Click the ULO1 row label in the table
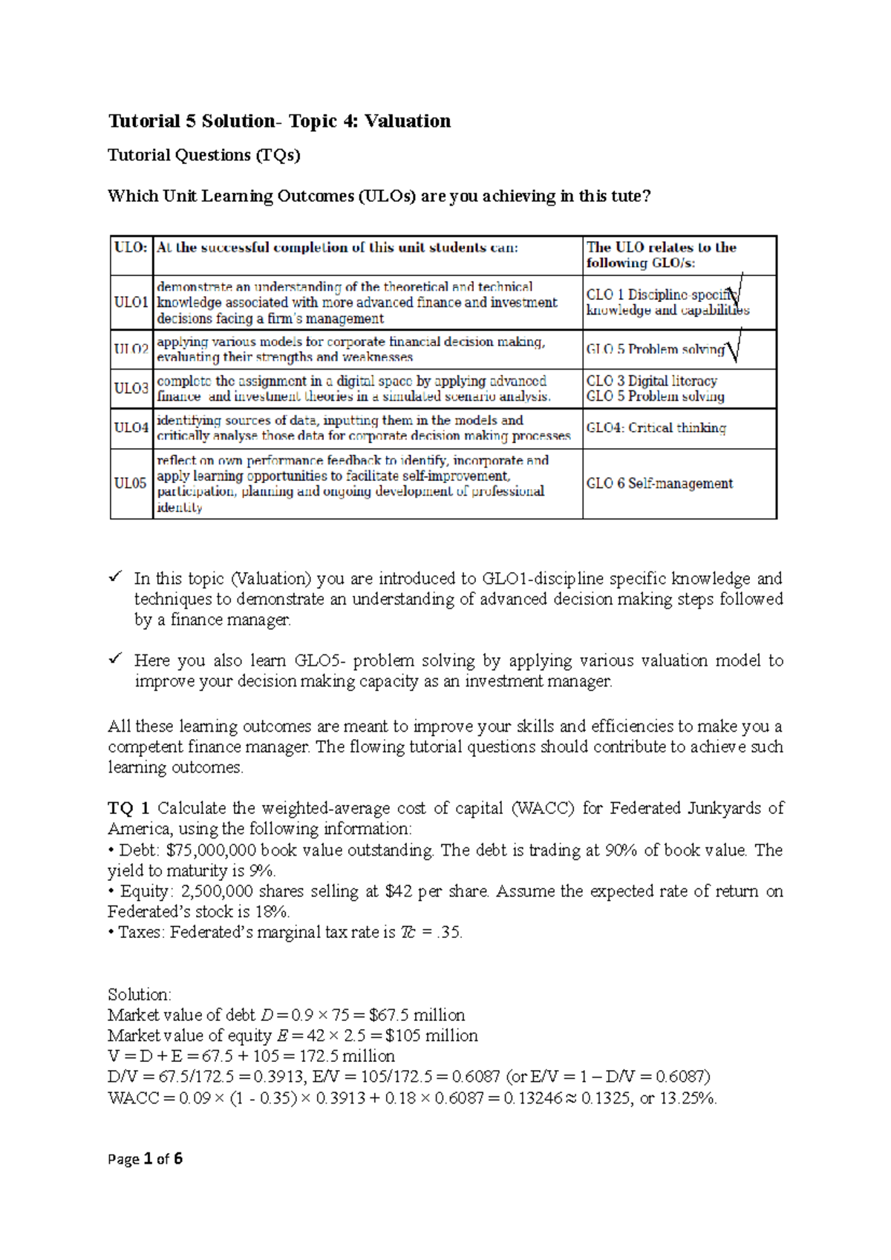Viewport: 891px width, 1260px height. click(x=131, y=302)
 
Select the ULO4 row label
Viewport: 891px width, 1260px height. click(x=131, y=427)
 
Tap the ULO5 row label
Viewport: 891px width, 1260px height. click(x=130, y=483)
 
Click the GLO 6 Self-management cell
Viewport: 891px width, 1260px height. click(x=659, y=483)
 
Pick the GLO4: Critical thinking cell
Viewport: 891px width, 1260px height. click(x=656, y=427)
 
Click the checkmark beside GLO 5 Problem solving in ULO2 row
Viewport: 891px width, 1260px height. click(x=734, y=347)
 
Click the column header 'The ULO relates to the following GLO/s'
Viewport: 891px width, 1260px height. click(x=661, y=255)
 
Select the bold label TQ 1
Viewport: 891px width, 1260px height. click(x=129, y=808)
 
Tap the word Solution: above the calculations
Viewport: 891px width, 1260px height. click(x=139, y=994)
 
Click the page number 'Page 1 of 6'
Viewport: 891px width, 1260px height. click(x=145, y=1159)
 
